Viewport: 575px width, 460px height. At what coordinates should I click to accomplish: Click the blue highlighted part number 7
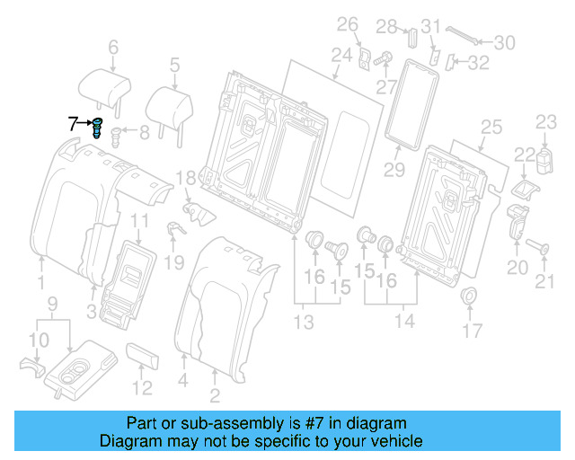tap(97, 128)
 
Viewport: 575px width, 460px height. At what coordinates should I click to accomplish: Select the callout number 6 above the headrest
tap(113, 47)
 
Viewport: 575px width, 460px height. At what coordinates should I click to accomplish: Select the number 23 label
tap(547, 120)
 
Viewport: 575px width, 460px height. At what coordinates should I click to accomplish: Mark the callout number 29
tap(393, 169)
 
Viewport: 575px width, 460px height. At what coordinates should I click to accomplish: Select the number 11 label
tap(140, 221)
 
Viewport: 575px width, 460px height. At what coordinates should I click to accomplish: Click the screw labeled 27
tap(381, 57)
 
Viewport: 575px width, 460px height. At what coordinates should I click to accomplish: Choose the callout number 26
tap(348, 23)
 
